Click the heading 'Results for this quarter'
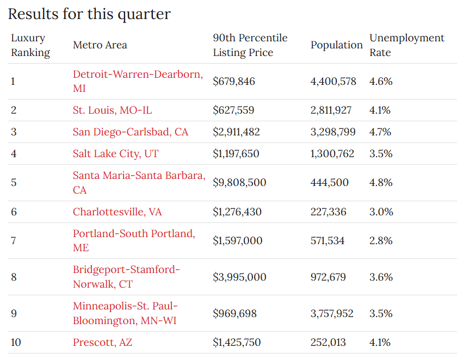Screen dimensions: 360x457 click(89, 14)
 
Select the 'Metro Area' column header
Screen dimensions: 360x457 click(100, 45)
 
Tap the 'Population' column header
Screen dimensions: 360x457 click(336, 45)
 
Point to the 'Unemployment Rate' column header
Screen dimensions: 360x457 click(406, 45)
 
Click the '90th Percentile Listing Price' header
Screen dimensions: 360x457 click(250, 45)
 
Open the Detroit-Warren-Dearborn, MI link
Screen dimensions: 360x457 click(137, 75)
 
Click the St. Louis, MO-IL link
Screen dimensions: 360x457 click(113, 110)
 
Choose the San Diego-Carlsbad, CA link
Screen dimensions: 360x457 click(131, 132)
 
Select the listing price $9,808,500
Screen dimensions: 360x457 click(239, 183)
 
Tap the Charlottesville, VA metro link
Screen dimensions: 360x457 click(118, 212)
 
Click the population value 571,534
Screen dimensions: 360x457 click(328, 241)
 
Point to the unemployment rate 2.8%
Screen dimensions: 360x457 click(381, 241)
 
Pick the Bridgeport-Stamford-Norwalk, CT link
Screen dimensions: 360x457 click(126, 270)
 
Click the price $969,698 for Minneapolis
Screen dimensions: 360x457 click(234, 314)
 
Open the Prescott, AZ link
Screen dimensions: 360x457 click(102, 343)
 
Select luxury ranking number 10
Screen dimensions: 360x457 click(16, 343)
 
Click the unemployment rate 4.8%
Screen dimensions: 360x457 click(381, 183)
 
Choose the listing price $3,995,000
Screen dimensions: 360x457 click(239, 277)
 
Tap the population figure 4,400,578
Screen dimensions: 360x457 click(333, 82)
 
